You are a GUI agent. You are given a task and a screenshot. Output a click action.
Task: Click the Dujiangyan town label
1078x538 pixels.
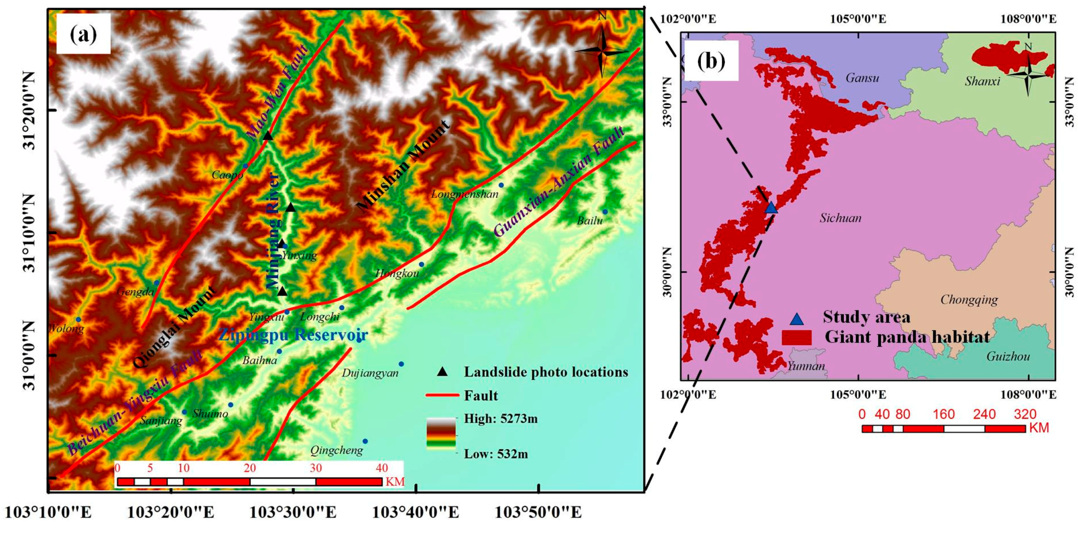coord(370,373)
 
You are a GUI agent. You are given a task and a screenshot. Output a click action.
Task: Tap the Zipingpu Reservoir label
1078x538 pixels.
coord(293,335)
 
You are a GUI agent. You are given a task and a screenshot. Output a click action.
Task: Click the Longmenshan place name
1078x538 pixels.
coord(465,194)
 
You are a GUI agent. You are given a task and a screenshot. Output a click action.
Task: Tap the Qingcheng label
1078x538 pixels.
coord(336,450)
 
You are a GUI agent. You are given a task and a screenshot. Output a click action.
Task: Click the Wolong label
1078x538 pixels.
coord(66,328)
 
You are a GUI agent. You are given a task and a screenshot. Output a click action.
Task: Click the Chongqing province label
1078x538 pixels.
coord(969,299)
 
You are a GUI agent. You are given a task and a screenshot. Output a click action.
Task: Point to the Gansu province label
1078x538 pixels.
coord(862,78)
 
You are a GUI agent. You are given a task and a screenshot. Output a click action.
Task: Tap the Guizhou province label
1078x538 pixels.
coord(1008,356)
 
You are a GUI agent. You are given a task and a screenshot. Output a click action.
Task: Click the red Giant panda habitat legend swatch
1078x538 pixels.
coord(796,337)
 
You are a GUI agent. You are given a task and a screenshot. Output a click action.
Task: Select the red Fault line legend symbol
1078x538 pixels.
coord(442,395)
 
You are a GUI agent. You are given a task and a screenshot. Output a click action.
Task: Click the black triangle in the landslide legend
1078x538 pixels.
coord(442,372)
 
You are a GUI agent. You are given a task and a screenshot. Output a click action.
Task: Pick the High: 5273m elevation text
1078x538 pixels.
coord(500,419)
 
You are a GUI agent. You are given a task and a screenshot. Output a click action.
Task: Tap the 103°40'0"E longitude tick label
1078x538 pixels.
coord(415,512)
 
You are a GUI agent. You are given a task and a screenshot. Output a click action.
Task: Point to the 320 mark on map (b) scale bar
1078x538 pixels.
coord(1025,414)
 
